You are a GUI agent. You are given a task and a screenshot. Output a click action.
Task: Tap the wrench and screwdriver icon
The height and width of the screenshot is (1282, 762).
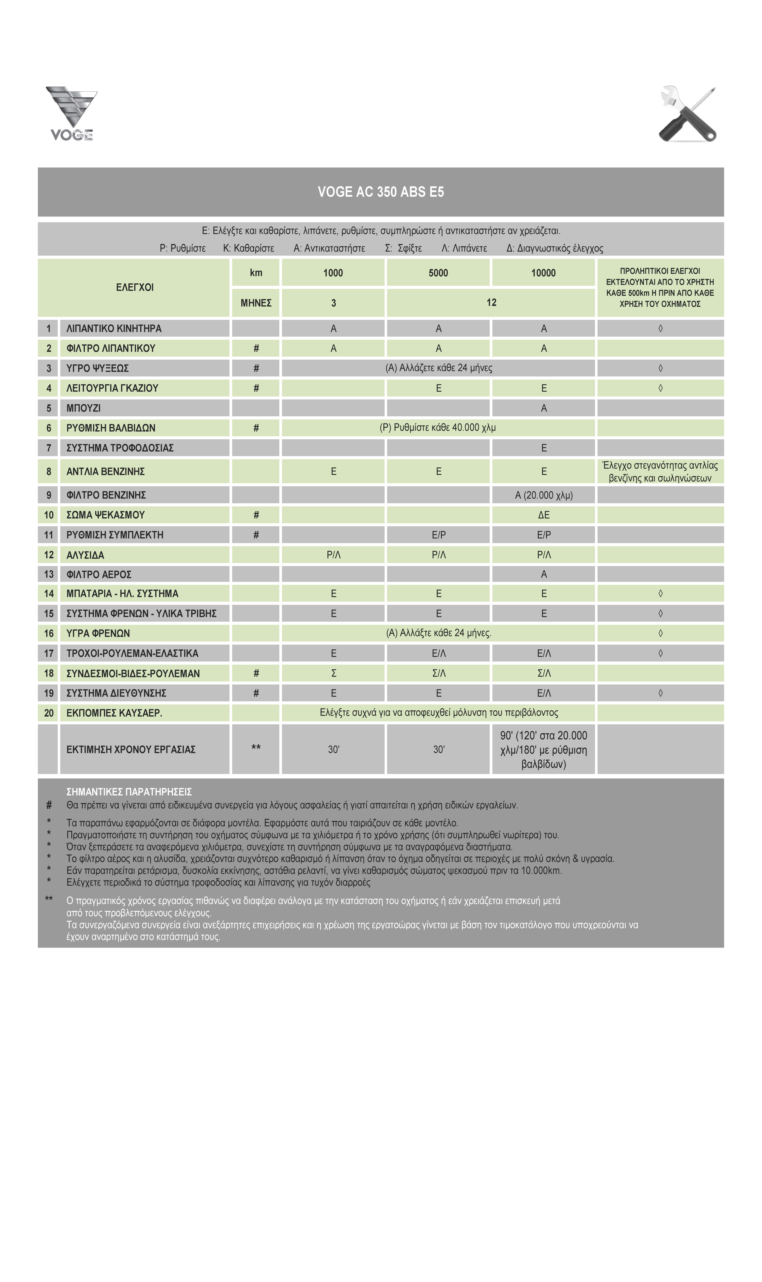[688, 114]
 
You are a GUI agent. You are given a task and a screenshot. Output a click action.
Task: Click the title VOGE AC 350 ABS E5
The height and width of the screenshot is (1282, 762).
[381, 192]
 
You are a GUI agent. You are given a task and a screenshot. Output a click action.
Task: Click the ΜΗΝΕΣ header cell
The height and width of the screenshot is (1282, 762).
[256, 303]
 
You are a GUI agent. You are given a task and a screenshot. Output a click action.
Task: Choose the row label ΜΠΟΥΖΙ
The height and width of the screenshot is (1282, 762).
[84, 408]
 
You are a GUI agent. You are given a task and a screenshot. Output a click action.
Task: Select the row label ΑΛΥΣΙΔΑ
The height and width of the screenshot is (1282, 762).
[85, 555]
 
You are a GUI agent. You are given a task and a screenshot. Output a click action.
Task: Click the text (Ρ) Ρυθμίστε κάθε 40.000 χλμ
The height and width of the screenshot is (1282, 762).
[438, 427]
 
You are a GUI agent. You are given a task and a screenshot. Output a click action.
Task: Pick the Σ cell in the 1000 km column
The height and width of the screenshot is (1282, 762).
[333, 673]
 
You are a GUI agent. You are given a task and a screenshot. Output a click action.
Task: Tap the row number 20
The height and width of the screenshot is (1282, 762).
[49, 713]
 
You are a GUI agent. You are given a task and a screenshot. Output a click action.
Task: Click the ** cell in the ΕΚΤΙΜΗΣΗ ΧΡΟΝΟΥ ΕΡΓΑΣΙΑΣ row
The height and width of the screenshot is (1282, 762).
[256, 748]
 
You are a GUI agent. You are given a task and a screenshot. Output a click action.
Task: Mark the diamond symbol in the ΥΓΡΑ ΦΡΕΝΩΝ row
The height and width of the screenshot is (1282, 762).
[660, 633]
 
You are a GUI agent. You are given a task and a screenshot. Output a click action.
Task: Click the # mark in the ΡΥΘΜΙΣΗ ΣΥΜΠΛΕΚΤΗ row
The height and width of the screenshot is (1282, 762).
[256, 535]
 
